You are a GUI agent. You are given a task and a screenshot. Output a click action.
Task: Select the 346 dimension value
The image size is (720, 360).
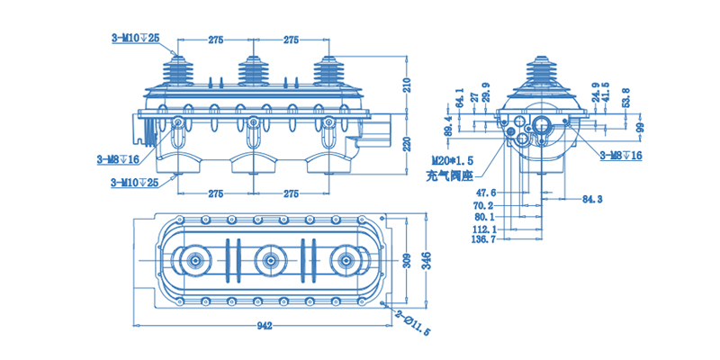pos(426,263)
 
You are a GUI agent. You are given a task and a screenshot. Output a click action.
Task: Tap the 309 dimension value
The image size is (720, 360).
pos(406,263)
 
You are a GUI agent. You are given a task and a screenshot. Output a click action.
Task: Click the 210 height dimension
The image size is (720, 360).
pos(406,85)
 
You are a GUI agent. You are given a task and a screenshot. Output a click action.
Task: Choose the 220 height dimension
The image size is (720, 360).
pos(406,145)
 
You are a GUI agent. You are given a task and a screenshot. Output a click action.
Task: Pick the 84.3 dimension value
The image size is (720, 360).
pos(591,198)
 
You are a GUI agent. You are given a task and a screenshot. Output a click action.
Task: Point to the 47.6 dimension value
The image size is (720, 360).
pos(486,193)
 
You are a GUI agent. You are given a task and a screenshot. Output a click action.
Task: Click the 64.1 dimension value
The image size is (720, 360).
pos(460,97)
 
